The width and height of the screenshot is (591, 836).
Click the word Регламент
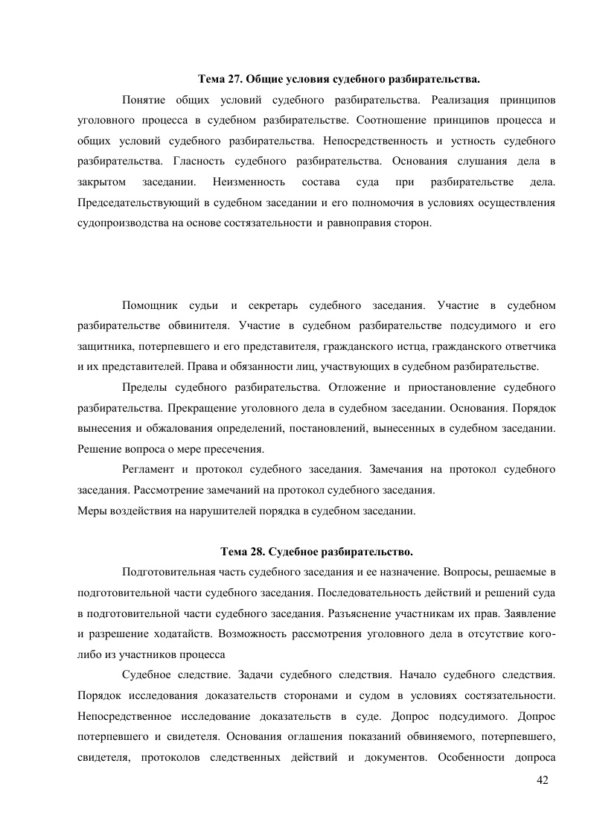[148, 470]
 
